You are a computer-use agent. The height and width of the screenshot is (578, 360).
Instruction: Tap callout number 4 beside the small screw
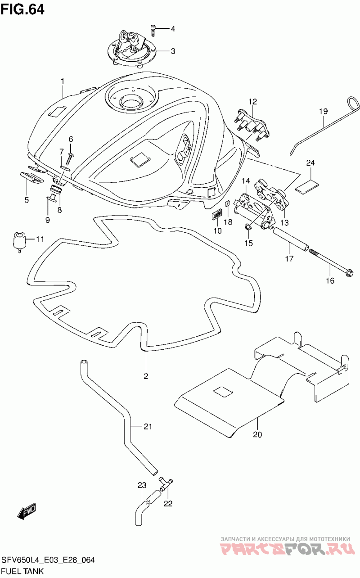[x=173, y=29]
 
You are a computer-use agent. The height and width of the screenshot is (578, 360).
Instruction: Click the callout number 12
[x=253, y=102]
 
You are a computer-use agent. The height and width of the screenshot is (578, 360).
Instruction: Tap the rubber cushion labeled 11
[x=19, y=242]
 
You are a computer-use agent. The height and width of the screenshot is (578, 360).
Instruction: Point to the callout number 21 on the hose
[x=148, y=427]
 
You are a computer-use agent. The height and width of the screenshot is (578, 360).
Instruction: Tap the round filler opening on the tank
[x=131, y=102]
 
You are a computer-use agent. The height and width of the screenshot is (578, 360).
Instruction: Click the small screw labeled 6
[x=69, y=158]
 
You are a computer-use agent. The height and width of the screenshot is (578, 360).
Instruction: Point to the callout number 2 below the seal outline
[x=146, y=376]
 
